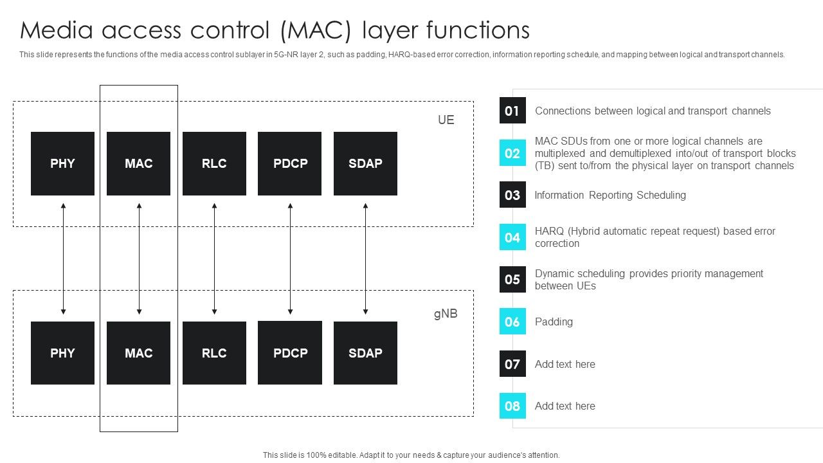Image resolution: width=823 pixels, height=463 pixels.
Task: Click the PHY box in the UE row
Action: pyautogui.click(x=62, y=163)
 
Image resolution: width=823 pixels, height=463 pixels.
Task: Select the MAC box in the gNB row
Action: pyautogui.click(x=138, y=353)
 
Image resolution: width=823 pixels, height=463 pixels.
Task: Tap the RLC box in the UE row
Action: pyautogui.click(x=214, y=163)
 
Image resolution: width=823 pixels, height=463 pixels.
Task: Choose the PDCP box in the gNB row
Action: pyautogui.click(x=290, y=353)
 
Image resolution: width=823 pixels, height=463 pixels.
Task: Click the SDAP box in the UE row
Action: pyautogui.click(x=365, y=163)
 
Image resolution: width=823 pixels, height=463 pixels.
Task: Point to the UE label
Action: pyautogui.click(x=446, y=120)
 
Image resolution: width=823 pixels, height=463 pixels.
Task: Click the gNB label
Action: pyautogui.click(x=445, y=314)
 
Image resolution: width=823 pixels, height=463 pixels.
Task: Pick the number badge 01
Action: pyautogui.click(x=512, y=111)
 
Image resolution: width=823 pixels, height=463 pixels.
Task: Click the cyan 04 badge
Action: pyautogui.click(x=512, y=237)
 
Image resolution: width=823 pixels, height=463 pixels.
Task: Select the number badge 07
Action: pyautogui.click(x=512, y=364)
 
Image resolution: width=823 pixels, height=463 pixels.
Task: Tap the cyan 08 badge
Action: pyautogui.click(x=512, y=406)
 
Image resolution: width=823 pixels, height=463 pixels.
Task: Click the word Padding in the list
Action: pyautogui.click(x=554, y=322)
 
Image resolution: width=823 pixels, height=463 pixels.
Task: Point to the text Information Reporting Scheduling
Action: pyautogui.click(x=610, y=195)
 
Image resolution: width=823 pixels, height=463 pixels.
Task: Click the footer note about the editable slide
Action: pyautogui.click(x=411, y=455)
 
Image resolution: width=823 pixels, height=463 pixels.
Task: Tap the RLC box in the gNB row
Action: pyautogui.click(x=214, y=353)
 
